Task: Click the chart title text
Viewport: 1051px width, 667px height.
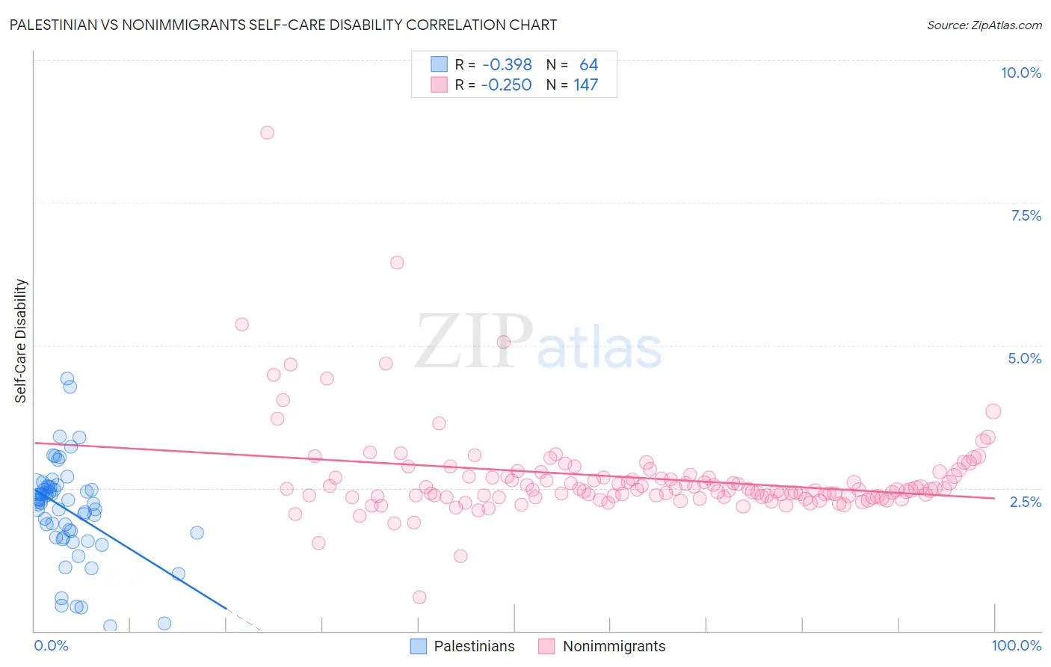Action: (x=283, y=25)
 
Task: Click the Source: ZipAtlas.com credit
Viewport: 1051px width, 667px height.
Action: (x=984, y=25)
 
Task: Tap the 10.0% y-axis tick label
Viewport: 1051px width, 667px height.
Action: (x=1020, y=73)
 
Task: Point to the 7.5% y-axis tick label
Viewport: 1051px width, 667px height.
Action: (x=1026, y=215)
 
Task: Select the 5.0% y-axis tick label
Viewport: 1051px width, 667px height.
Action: (x=1024, y=358)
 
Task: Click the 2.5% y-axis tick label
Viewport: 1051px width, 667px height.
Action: (x=1026, y=502)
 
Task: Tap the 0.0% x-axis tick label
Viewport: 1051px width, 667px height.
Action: (x=51, y=645)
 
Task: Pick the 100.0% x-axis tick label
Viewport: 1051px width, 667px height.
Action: (x=1016, y=645)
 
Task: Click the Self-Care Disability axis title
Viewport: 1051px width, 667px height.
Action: (x=21, y=341)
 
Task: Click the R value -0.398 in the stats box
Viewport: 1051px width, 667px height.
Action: (x=507, y=65)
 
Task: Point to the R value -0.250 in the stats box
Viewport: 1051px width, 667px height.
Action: (x=506, y=85)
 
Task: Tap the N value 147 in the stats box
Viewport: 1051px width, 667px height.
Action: (x=586, y=85)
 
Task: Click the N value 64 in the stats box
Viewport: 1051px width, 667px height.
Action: (x=588, y=65)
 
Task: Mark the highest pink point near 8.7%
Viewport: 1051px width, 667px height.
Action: (x=267, y=132)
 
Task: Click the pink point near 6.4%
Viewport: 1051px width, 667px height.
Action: (x=397, y=262)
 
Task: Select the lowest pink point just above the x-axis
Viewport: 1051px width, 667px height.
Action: (x=419, y=597)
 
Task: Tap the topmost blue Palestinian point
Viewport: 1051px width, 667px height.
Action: (x=67, y=378)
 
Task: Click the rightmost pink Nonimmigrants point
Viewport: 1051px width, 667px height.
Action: (x=993, y=411)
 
